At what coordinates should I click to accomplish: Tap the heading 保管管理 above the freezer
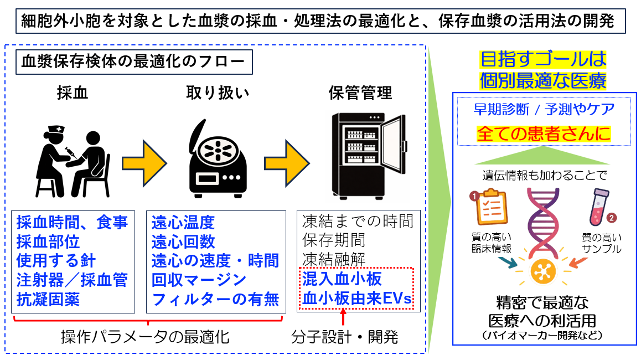(360, 93)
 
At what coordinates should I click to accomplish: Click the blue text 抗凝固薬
(48, 300)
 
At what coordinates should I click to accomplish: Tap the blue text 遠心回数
(183, 242)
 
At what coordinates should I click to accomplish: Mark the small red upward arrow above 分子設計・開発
(344, 318)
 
